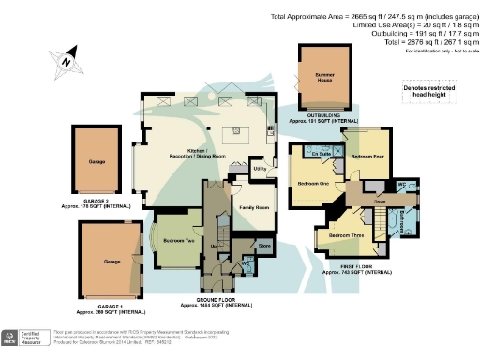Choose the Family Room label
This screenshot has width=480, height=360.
point(255,206)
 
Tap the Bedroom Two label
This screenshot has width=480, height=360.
point(178,240)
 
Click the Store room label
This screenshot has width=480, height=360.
point(264,247)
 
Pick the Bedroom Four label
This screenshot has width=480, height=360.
point(367,156)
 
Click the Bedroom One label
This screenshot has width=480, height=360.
point(313,183)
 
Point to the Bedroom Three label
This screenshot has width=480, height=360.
point(348,235)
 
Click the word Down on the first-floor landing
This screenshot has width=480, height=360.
point(381,202)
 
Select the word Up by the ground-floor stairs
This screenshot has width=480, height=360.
point(214,247)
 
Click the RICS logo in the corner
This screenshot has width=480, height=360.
point(12,337)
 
